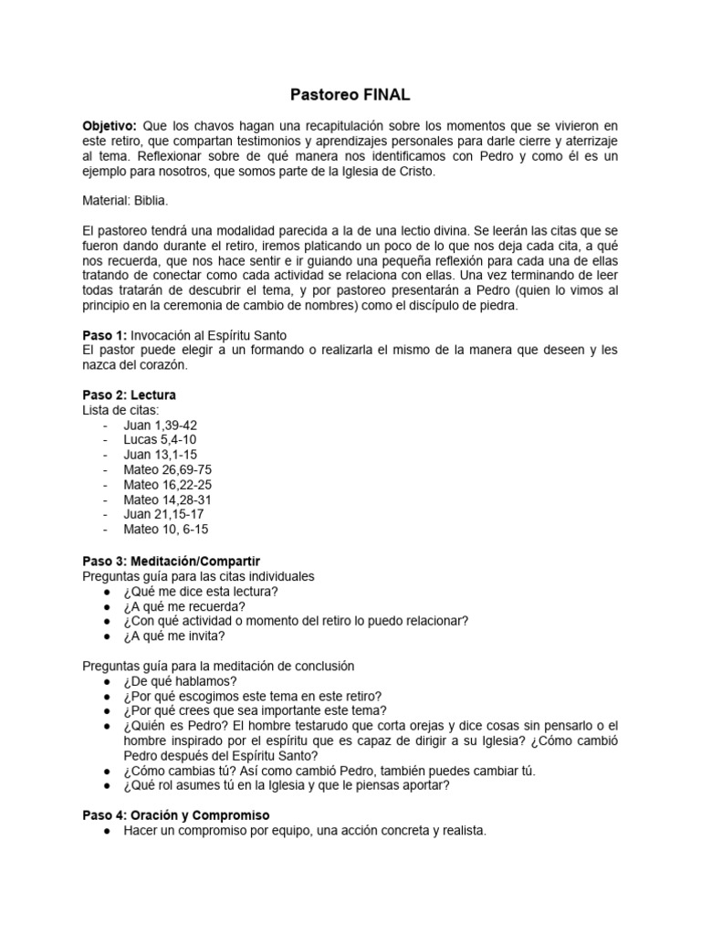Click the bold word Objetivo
109,124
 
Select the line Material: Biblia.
124,199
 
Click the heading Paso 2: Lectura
129,394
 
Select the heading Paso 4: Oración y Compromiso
175,814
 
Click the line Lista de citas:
120,410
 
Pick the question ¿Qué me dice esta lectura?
201,591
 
